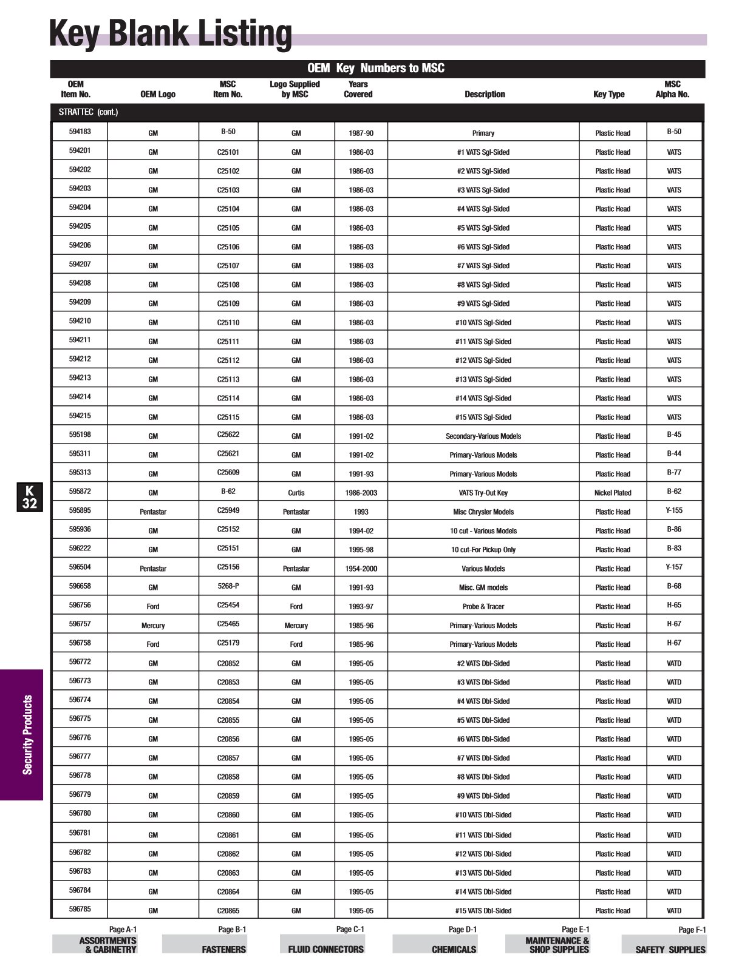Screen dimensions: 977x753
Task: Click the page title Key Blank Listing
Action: point(171,34)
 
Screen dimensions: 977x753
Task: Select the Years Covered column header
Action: point(358,89)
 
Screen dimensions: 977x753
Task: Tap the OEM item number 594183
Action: point(80,132)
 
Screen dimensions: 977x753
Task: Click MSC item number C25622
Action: point(228,434)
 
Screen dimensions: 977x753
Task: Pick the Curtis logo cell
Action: point(296,493)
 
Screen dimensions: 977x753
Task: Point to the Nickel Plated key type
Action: point(613,493)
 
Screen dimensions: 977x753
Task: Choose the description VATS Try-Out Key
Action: point(483,493)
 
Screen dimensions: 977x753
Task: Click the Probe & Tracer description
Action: point(483,606)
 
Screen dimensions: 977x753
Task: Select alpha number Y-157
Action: point(674,567)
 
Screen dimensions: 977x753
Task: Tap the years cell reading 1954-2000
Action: point(361,569)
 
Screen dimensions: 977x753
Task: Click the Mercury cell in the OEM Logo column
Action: point(153,625)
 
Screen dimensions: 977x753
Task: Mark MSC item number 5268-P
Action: point(228,586)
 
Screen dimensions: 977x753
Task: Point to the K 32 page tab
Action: point(30,497)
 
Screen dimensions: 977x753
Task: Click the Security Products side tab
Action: point(27,735)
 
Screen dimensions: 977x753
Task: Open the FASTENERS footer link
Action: point(223,949)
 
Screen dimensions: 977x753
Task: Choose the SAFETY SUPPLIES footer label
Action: point(670,949)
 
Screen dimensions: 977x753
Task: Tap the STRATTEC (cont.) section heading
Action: point(89,112)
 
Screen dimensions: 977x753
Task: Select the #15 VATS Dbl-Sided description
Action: point(483,910)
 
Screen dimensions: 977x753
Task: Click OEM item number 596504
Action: point(80,567)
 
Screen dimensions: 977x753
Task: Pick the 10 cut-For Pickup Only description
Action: point(483,550)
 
